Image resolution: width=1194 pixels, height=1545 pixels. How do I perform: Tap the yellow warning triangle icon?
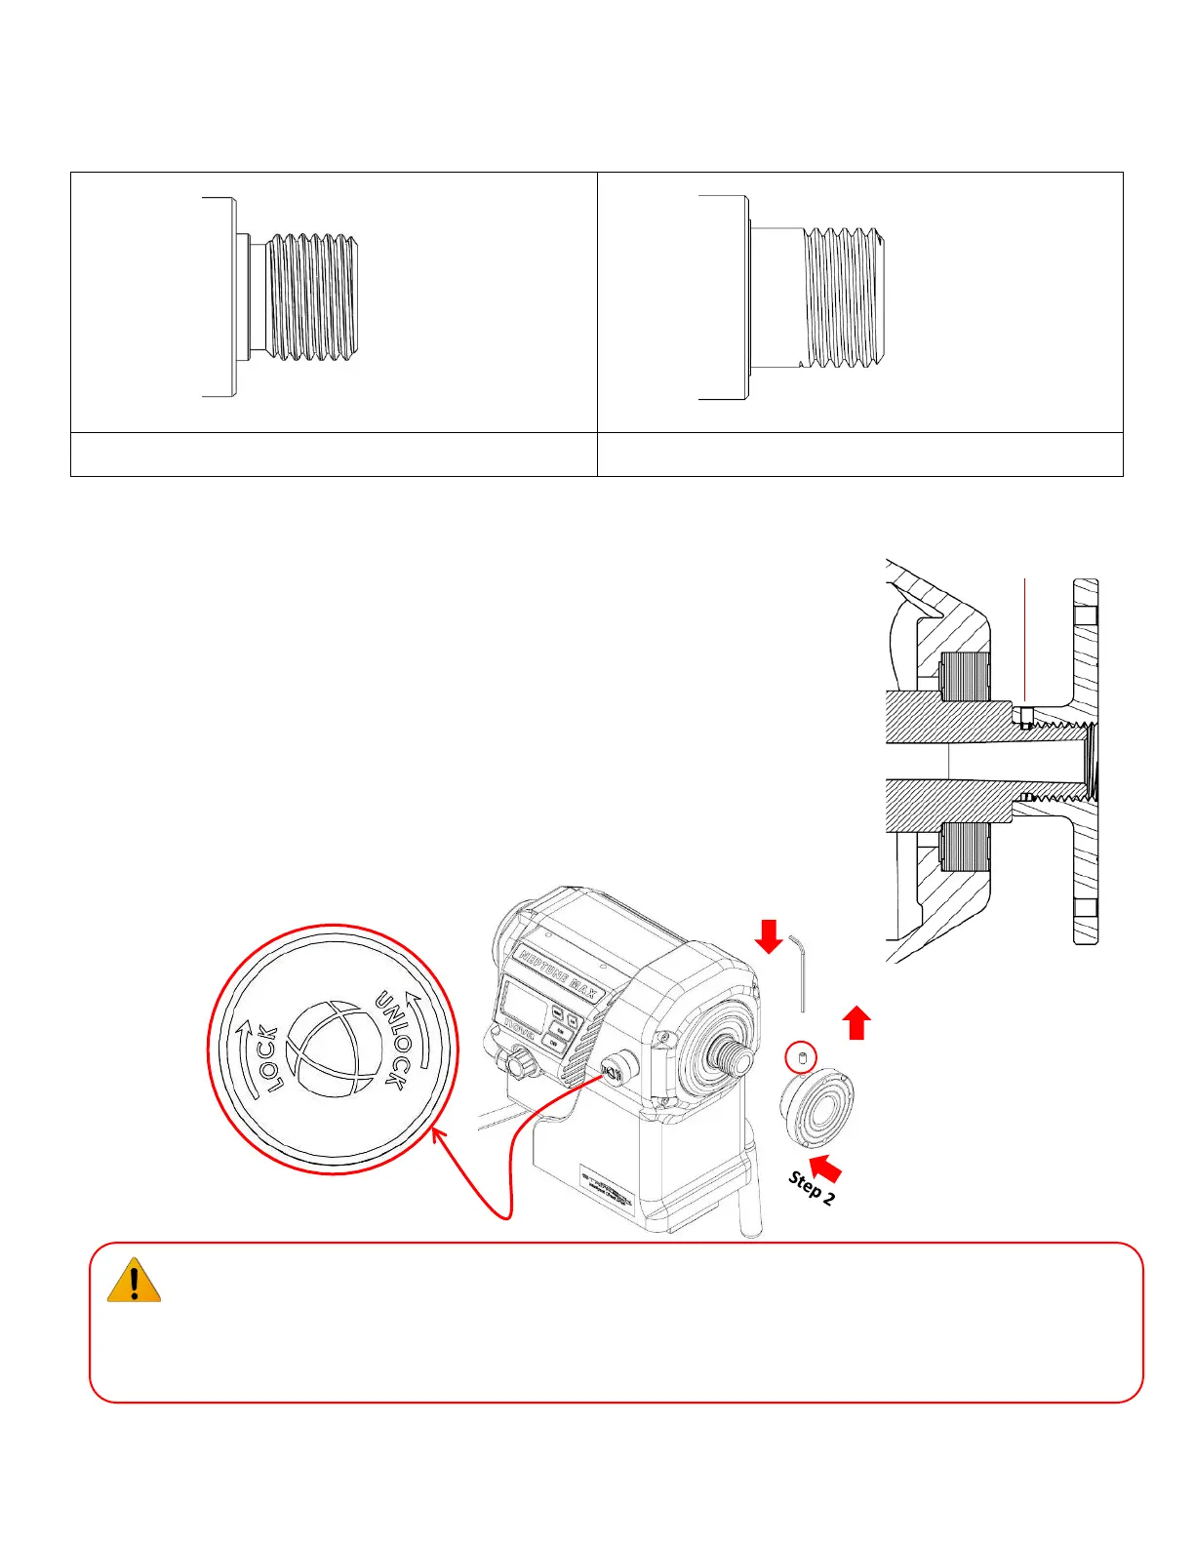point(134,1281)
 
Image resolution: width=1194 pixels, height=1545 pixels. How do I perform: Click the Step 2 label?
point(812,1188)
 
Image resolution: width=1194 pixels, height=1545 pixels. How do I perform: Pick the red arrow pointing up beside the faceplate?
point(856,1023)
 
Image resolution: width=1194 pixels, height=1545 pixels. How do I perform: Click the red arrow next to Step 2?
point(825,1168)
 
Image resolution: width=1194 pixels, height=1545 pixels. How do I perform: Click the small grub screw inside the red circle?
point(801,1057)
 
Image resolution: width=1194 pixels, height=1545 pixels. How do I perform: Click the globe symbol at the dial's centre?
point(332,1048)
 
